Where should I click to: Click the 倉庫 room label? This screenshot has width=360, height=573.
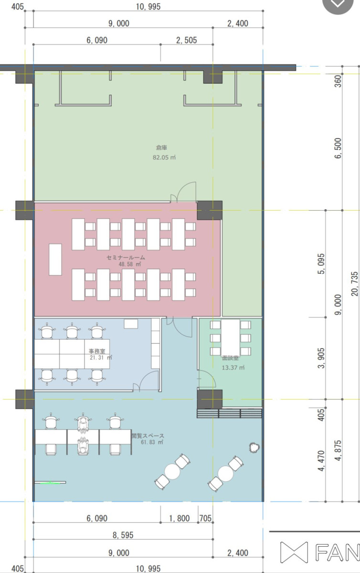pos(161,148)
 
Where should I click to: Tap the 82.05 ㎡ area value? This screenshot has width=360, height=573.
pos(164,157)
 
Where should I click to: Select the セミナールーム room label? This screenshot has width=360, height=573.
pos(126,257)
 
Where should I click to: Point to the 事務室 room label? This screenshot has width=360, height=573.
pos(97,351)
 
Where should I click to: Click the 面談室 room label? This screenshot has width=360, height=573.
pos(230,358)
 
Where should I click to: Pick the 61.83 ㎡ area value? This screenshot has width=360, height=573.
pos(152,442)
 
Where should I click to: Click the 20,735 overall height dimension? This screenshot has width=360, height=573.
pos(355,284)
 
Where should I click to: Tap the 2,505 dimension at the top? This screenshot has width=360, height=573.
pos(187,40)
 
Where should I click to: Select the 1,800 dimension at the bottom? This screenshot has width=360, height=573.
pos(180,519)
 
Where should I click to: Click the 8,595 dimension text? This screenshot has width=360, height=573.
pos(123,535)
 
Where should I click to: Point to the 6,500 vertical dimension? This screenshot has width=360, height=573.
pos(338,148)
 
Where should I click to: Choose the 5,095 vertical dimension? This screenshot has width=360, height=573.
pos(321,264)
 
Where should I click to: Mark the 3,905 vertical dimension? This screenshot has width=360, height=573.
pos(321,358)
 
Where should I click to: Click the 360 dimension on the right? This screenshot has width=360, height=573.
pos(338,81)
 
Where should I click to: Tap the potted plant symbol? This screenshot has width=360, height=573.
pos(254,447)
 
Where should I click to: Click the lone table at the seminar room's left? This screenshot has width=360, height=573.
pos(55,259)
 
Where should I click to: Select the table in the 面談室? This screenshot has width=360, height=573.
pos(231,338)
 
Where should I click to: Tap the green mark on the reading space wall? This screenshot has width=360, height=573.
pos(51,483)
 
